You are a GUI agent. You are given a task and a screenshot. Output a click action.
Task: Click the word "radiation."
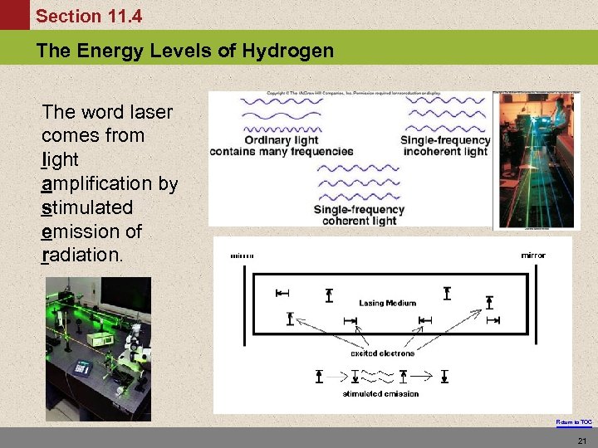click(81, 255)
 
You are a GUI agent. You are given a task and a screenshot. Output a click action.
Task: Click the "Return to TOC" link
click(574, 422)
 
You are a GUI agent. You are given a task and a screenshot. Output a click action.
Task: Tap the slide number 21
click(581, 439)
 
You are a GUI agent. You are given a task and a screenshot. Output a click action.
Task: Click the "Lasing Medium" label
click(387, 303)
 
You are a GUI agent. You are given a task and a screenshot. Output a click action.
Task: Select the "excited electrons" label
click(382, 353)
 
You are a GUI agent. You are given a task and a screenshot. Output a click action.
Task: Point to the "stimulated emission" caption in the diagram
click(380, 393)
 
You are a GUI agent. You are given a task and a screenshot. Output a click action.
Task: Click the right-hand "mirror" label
click(533, 256)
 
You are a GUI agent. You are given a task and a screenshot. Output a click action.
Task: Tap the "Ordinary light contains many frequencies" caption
click(282, 146)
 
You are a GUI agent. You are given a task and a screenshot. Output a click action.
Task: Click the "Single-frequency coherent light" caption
click(359, 215)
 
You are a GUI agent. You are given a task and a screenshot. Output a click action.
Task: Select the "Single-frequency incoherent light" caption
click(445, 146)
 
